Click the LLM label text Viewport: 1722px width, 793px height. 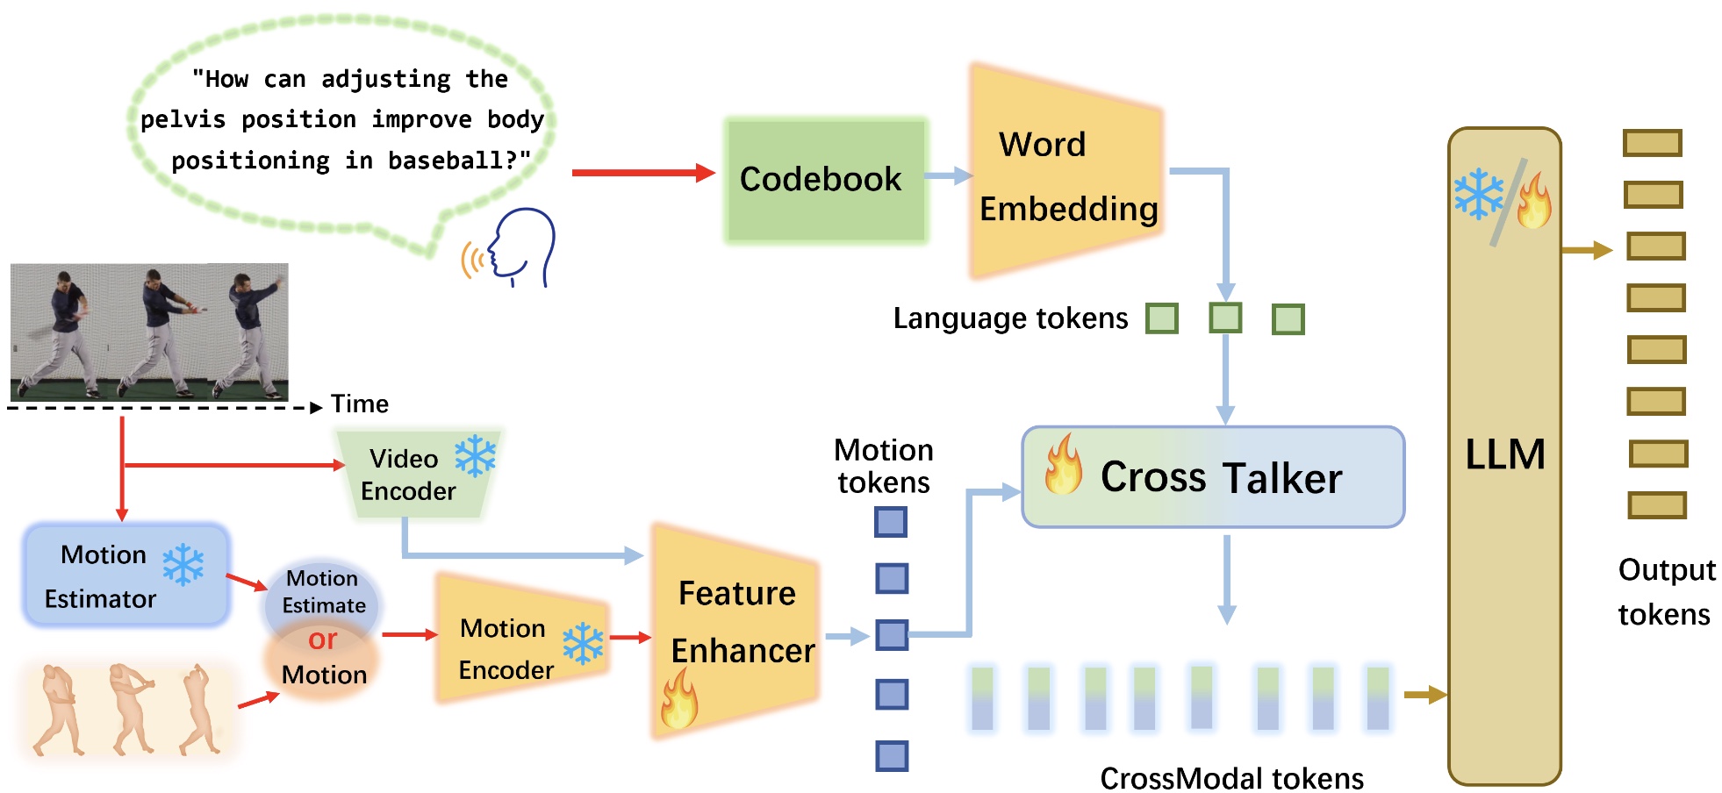click(1504, 454)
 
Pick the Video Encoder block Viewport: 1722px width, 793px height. click(416, 475)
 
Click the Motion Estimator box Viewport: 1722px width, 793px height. click(126, 575)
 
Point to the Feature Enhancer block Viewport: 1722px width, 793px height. click(737, 627)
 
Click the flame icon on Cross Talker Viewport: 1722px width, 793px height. click(1063, 464)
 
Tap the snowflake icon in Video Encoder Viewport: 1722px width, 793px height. click(475, 456)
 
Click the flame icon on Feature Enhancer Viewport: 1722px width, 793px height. click(679, 699)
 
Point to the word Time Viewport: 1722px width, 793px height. click(360, 404)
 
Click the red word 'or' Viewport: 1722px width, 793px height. click(322, 639)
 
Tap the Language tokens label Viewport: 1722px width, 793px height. click(1010, 318)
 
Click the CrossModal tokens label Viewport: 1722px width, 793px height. click(1231, 778)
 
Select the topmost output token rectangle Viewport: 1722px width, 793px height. click(1652, 143)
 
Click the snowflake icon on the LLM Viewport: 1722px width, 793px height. click(1478, 195)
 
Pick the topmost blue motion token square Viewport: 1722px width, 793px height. click(890, 522)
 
